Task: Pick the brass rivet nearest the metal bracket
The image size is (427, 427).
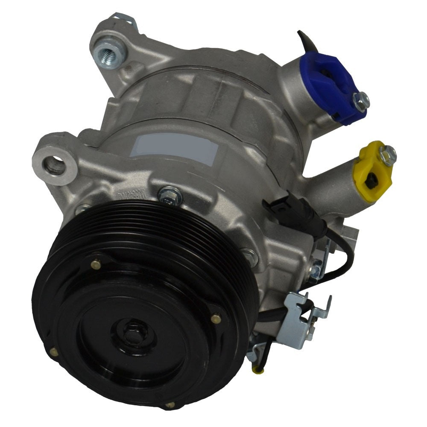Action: (216, 319)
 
